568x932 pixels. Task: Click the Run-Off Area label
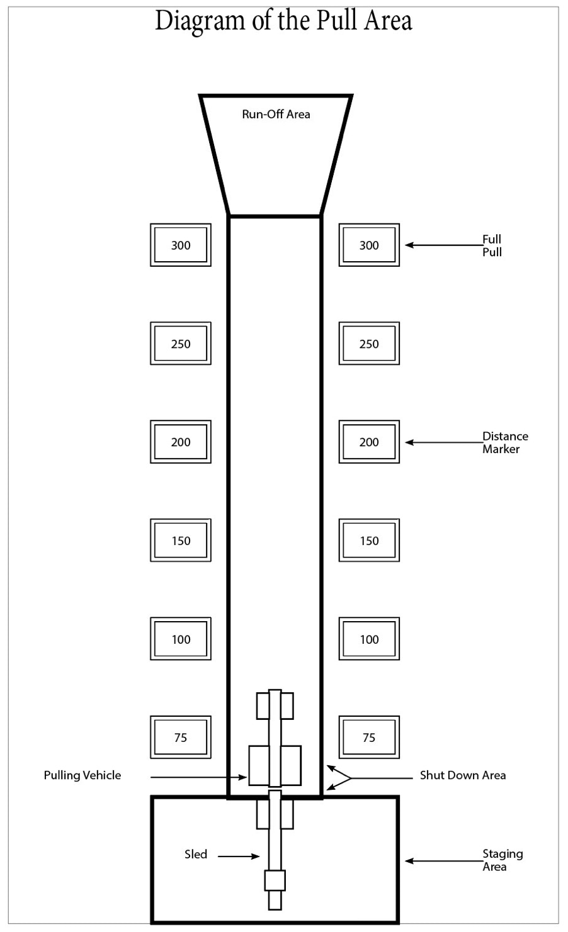(276, 114)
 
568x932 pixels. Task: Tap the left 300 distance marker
(181, 245)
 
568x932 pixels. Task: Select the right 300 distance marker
(369, 245)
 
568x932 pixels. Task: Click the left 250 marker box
(181, 343)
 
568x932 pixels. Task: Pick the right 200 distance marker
(369, 442)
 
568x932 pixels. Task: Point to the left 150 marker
(181, 540)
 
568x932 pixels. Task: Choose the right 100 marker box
(369, 639)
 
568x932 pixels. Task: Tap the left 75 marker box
(181, 738)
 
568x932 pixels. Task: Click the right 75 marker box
(369, 738)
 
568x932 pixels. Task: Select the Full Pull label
(492, 245)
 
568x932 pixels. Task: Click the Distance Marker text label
(505, 442)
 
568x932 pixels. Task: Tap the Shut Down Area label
(463, 775)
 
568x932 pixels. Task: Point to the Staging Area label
(503, 860)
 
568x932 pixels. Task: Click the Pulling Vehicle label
(82, 775)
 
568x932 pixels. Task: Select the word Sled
(196, 854)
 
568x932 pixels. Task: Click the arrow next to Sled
(239, 856)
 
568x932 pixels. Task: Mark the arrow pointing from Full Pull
(444, 245)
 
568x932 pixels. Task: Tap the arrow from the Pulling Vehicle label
(198, 777)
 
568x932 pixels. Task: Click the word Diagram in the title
(200, 21)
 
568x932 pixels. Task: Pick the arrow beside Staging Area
(444, 861)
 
